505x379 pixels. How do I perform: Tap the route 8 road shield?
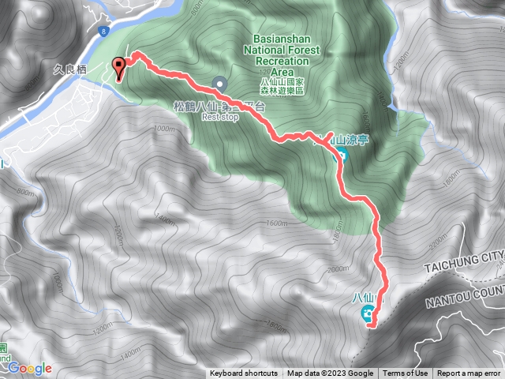[103, 30]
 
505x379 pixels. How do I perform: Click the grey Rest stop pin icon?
[219, 83]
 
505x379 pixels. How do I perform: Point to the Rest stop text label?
[219, 117]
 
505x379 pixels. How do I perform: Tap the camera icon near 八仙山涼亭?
[342, 154]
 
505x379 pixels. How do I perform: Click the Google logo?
[30, 368]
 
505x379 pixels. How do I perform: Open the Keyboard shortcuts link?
[244, 373]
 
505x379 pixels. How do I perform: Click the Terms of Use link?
[406, 373]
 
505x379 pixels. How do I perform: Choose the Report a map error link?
[470, 373]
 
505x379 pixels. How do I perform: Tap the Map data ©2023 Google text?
[331, 373]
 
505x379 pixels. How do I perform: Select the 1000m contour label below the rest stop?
[163, 129]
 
